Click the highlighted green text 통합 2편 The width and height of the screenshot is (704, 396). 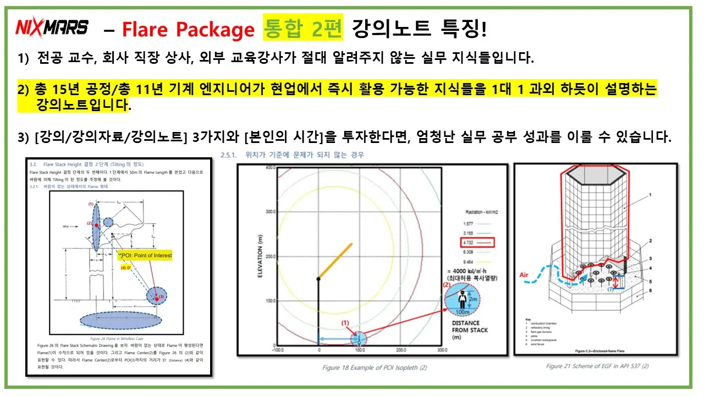(303, 28)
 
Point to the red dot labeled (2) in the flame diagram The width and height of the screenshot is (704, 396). (96, 225)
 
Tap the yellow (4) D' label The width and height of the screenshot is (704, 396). (127, 268)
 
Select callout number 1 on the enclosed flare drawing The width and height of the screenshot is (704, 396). (651, 195)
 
